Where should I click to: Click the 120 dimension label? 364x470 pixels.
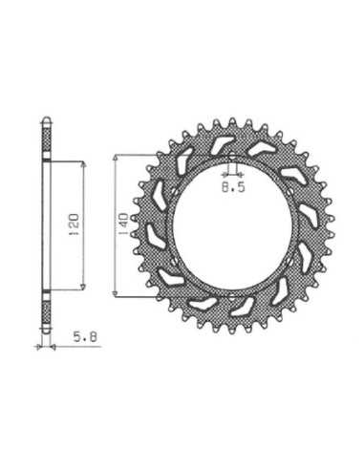(74, 224)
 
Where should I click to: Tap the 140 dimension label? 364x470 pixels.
(123, 224)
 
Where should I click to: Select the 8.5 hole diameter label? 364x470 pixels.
(233, 187)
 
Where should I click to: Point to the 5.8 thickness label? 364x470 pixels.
(85, 337)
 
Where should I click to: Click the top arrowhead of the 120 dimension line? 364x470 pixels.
(84, 164)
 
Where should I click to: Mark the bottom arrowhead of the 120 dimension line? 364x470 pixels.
(83, 288)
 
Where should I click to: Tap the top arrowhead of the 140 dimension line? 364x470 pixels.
(116, 158)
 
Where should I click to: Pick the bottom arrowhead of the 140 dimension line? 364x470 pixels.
(116, 293)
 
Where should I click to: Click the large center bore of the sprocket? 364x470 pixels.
(232, 226)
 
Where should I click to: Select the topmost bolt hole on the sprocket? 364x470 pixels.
(232, 157)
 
